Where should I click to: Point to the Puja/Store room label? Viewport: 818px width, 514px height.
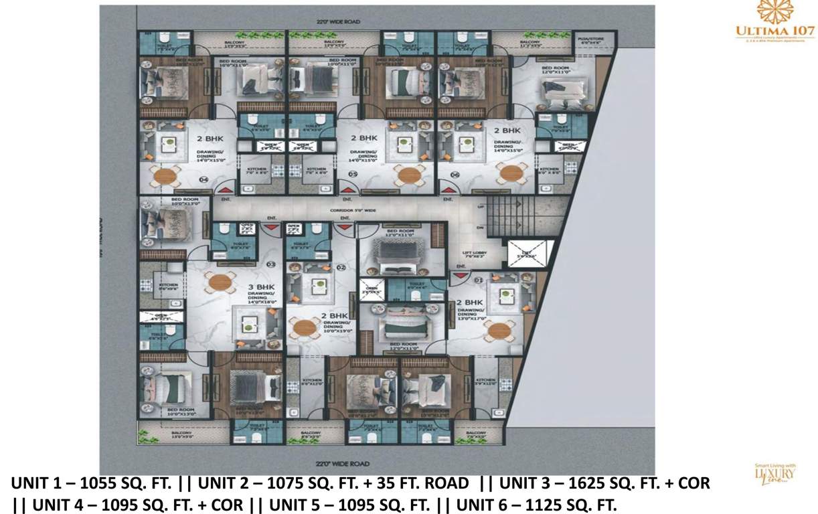[x=591, y=40]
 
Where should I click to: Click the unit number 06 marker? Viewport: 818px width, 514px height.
[x=455, y=175]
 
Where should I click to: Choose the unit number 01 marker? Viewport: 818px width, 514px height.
[x=477, y=280]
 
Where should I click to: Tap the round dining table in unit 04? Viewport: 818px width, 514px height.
[x=165, y=177]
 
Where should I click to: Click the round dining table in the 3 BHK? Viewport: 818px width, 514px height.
[x=219, y=281]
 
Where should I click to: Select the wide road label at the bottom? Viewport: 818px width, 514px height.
[x=342, y=463]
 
